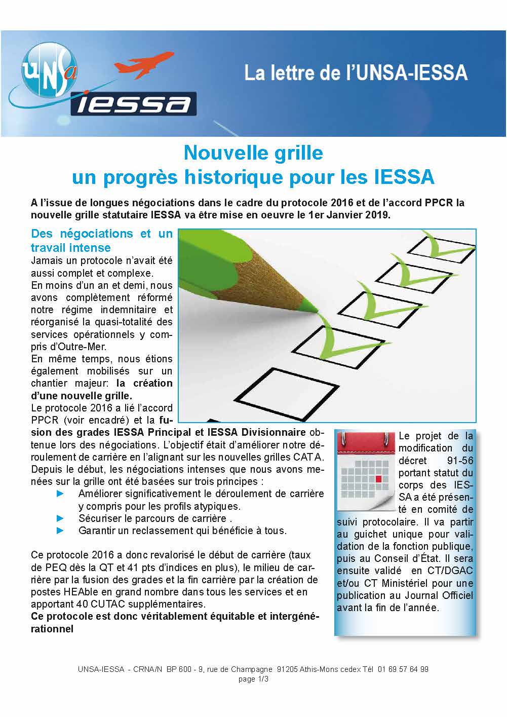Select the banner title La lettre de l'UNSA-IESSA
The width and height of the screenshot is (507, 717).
tap(356, 73)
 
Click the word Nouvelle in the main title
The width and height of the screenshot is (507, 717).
tap(218, 153)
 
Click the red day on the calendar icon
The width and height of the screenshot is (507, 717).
tap(378, 478)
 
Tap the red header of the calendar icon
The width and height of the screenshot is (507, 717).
tap(366, 444)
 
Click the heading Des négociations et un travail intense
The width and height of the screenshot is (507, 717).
tap(101, 241)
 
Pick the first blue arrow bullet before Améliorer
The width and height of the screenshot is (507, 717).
tap(60, 494)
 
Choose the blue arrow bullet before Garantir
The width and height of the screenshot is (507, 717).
tap(60, 531)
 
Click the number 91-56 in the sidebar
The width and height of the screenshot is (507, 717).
tap(458, 461)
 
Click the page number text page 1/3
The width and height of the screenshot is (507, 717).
tap(253, 679)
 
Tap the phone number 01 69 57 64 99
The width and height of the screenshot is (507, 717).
tap(403, 669)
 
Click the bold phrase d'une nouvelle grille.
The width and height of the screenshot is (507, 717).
tap(82, 396)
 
